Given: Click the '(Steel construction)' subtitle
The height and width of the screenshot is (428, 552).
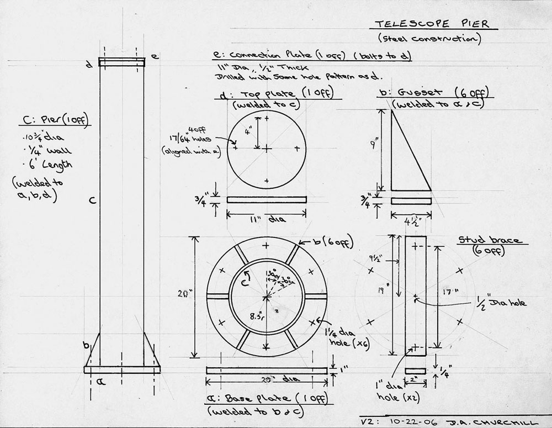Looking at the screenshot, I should click(430, 39).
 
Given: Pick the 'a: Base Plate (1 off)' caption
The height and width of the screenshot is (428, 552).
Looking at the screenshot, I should click(267, 399).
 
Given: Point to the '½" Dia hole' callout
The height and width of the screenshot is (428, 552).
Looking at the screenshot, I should click(502, 302).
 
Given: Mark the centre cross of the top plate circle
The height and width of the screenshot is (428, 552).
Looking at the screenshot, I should click(267, 149).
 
